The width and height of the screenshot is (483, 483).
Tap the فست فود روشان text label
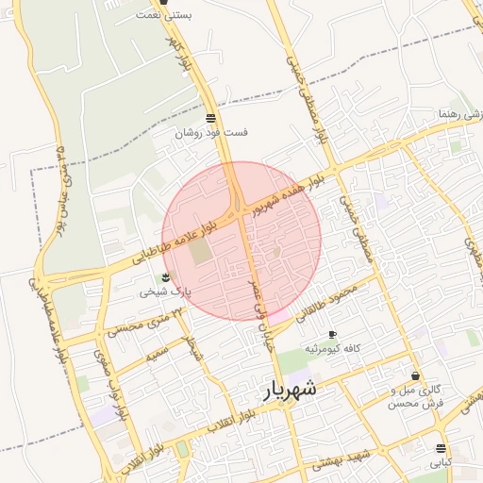[x=212, y=133]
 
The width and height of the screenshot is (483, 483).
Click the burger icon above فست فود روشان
[x=209, y=118]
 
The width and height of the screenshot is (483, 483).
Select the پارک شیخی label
[x=165, y=291]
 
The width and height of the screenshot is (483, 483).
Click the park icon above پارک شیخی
[x=166, y=277]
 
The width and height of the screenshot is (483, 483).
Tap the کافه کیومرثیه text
[x=332, y=349]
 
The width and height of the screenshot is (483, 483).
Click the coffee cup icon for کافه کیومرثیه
[x=332, y=335]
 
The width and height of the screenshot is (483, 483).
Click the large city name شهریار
[x=291, y=389]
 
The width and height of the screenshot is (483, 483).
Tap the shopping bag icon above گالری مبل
[x=416, y=376]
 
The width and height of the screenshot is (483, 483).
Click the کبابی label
[x=441, y=463]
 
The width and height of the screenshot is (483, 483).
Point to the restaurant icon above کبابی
[x=441, y=448]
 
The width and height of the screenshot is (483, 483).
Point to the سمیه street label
[x=157, y=356]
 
